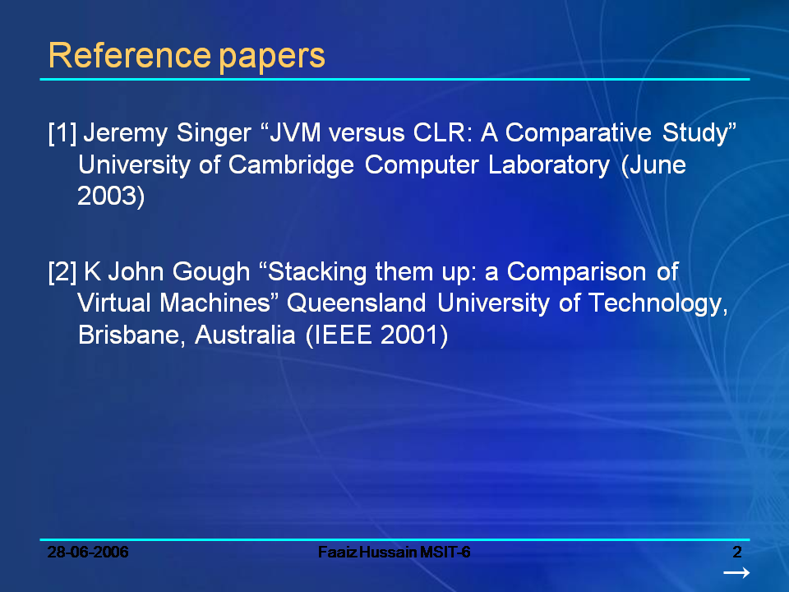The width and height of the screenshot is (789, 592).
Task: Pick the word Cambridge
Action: (x=292, y=165)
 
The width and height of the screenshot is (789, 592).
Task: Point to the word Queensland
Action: (x=358, y=304)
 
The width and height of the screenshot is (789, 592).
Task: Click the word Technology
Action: (x=656, y=305)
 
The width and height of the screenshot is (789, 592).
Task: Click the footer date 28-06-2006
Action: (x=88, y=552)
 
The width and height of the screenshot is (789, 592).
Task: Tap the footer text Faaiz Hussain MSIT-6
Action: (x=394, y=552)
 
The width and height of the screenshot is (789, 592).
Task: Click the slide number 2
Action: (x=737, y=551)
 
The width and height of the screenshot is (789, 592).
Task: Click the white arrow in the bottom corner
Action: (x=736, y=572)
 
